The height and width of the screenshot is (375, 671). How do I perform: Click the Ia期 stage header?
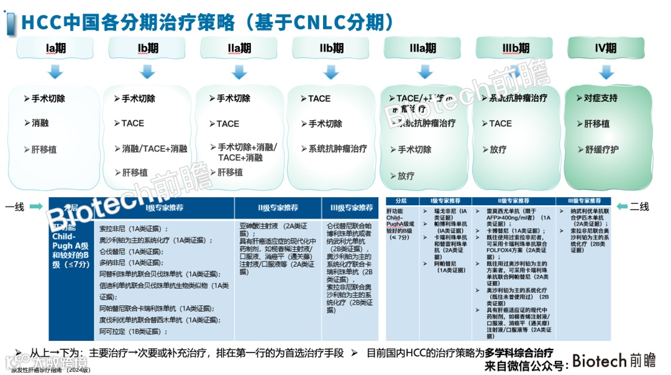(55, 48)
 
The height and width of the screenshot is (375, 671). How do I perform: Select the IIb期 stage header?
(331, 48)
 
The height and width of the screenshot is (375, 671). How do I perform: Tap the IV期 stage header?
(605, 48)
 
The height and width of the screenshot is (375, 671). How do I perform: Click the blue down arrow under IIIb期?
(516, 72)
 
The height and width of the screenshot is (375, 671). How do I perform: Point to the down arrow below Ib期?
(147, 72)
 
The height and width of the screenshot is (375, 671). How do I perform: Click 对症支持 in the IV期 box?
(600, 98)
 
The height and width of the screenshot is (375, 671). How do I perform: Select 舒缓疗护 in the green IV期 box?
(601, 150)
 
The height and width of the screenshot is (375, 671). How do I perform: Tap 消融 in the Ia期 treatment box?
(40, 123)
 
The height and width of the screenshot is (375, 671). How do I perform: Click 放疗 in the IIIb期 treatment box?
(498, 150)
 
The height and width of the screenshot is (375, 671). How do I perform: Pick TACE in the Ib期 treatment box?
(132, 123)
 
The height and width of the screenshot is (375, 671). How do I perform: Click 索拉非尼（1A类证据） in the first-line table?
(134, 229)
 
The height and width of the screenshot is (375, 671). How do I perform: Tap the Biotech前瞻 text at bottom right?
(613, 361)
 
